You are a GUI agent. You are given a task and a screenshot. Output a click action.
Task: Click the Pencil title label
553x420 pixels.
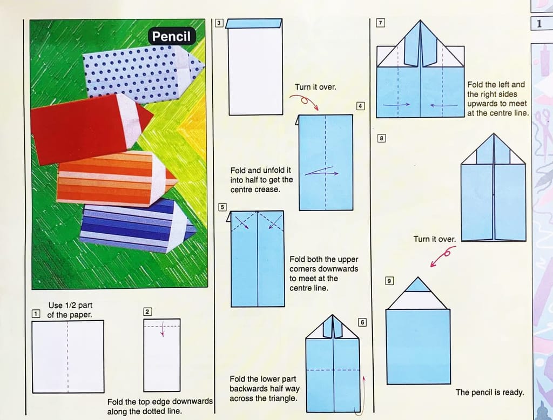point(171,36)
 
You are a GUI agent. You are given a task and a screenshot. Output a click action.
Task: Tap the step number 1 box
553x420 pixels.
point(36,314)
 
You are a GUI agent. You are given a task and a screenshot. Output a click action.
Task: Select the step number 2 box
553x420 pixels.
point(147,311)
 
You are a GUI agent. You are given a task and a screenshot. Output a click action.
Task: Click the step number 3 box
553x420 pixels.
point(219,23)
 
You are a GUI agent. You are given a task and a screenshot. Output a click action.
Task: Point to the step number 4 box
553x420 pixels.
point(360,106)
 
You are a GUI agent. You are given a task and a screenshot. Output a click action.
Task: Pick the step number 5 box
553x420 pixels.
point(222,207)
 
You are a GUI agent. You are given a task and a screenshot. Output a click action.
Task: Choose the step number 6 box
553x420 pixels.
point(362,322)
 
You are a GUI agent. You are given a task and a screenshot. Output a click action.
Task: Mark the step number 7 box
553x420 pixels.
point(381,23)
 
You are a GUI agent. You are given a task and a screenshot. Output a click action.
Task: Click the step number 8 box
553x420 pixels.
point(381,138)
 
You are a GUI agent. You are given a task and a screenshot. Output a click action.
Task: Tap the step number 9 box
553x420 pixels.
point(389,281)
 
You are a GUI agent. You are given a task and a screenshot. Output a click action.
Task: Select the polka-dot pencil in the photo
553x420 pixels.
point(143,73)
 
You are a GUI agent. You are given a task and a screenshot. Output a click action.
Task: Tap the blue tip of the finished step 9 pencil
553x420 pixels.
point(418,285)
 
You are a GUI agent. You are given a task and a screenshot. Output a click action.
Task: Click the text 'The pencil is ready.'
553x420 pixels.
point(489,392)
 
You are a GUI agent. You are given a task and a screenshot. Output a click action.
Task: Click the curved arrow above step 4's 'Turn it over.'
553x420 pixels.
point(304,101)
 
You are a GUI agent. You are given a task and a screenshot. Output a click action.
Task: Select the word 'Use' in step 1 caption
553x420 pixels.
point(56,306)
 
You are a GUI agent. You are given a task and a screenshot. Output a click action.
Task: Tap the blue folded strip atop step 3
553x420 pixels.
point(254,24)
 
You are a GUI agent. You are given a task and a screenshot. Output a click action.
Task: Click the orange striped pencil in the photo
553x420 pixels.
point(117,178)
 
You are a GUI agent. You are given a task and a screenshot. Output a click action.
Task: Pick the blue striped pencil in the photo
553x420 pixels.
point(138,226)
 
